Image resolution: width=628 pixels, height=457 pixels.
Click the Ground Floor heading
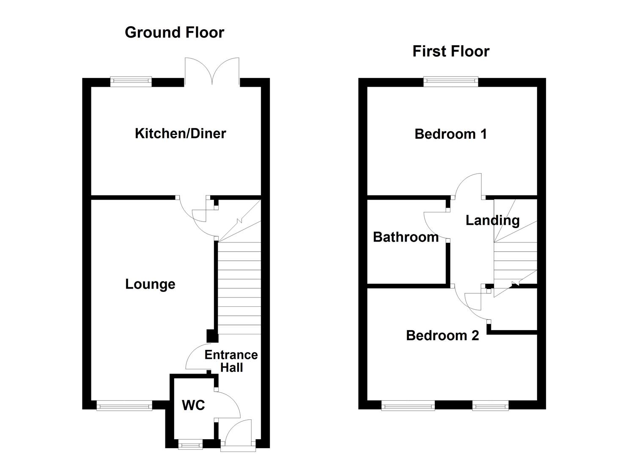(x=174, y=33)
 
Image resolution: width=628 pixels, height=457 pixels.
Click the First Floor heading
(x=451, y=52)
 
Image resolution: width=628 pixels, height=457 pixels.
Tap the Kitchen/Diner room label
(x=180, y=134)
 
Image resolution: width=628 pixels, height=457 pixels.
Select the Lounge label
(x=150, y=284)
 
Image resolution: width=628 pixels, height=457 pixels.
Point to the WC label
(x=193, y=405)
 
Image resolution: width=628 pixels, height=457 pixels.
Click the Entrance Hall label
(x=231, y=361)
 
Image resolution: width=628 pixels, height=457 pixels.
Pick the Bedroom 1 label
(x=450, y=134)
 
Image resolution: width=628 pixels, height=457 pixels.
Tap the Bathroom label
(x=406, y=237)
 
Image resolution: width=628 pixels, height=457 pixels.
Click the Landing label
(x=492, y=220)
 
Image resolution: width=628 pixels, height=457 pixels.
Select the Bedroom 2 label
(x=442, y=336)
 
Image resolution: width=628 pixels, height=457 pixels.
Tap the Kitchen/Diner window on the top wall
(x=131, y=81)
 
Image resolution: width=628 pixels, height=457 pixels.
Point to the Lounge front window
(x=124, y=406)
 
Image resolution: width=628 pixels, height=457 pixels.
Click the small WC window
(x=190, y=445)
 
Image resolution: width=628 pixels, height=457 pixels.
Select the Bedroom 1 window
(x=451, y=81)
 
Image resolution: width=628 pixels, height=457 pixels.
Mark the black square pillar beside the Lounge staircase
(x=211, y=336)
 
